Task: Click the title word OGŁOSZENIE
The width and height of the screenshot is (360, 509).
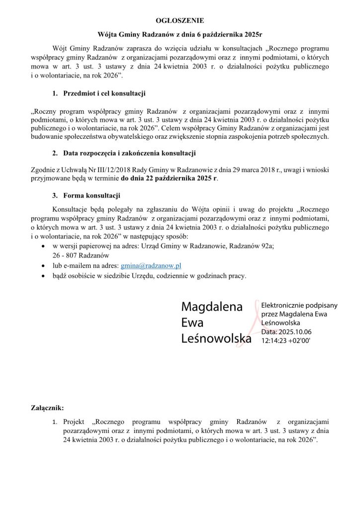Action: (180, 21)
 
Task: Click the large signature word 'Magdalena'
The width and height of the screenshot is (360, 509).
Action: (212, 307)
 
